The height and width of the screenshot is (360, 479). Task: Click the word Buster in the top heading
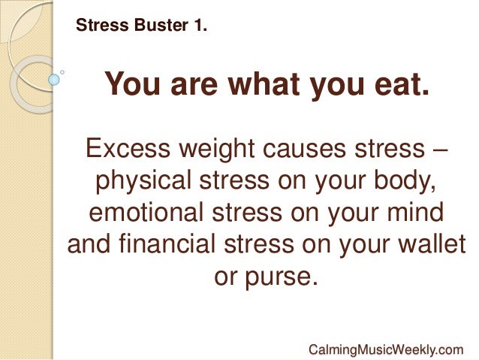tap(154, 27)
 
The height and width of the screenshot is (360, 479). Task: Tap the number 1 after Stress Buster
tap(200, 27)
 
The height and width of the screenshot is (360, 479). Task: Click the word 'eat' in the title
tap(403, 86)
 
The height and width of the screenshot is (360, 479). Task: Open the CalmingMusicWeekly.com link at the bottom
tap(385, 349)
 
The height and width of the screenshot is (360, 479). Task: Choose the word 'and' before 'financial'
tap(89, 245)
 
